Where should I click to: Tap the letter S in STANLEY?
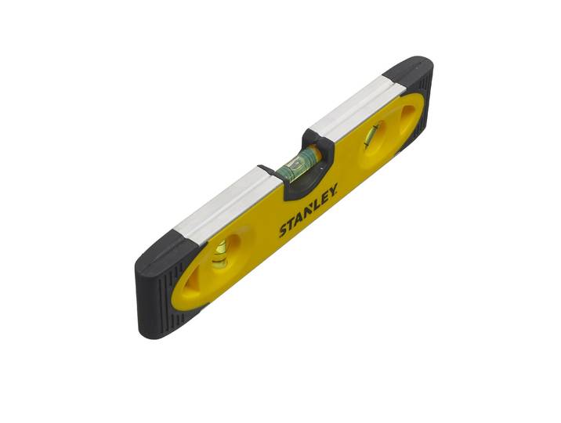pyautogui.click(x=284, y=230)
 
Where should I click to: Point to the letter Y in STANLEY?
pyautogui.click(x=332, y=190)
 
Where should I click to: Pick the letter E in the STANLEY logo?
pyautogui.click(x=324, y=197)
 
